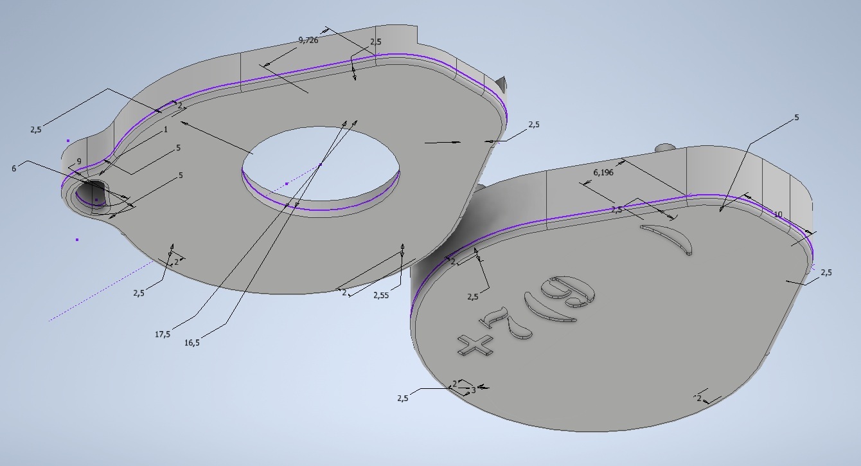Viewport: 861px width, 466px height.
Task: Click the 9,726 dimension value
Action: pos(308,40)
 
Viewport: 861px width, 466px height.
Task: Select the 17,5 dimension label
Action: pos(163,334)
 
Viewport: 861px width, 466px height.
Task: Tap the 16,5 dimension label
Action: pos(192,343)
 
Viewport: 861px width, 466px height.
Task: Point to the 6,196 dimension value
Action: pos(603,172)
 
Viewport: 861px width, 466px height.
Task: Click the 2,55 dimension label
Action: pos(381,295)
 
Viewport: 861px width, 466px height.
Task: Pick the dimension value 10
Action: pos(777,215)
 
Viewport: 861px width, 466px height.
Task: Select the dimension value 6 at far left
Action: pos(14,168)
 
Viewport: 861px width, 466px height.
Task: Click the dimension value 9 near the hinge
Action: pos(79,161)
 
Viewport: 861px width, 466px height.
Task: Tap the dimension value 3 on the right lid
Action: pos(474,390)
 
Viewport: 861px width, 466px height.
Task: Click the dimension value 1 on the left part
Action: pos(166,130)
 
